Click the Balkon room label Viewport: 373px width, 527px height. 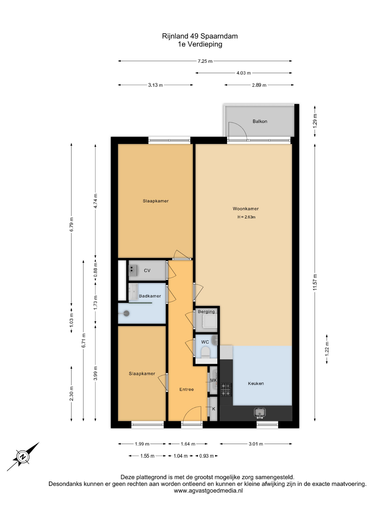click(x=260, y=121)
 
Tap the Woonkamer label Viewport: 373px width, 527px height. click(x=246, y=209)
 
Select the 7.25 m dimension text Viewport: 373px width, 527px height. click(x=205, y=61)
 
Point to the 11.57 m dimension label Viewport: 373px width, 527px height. click(x=315, y=282)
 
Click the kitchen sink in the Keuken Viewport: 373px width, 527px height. click(x=260, y=412)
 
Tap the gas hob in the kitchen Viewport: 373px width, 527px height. click(x=226, y=389)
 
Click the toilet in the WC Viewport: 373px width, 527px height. click(x=205, y=352)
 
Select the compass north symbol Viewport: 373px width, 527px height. click(x=23, y=457)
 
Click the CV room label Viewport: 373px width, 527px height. click(x=147, y=270)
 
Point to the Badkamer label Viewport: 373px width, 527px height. click(x=150, y=296)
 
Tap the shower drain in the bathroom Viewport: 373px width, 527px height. click(x=126, y=313)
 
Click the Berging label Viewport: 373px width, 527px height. click(x=206, y=312)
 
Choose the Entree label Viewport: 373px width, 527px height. click(x=187, y=389)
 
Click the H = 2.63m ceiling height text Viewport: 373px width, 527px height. click(x=246, y=217)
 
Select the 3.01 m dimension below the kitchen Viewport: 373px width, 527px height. click(x=256, y=444)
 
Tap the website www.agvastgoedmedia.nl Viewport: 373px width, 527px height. click(x=208, y=490)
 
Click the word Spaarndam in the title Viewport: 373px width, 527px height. click(x=219, y=36)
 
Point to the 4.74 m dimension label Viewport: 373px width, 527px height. click(x=95, y=201)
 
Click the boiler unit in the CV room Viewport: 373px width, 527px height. click(x=133, y=270)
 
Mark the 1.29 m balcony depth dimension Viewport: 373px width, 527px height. click(x=315, y=120)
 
